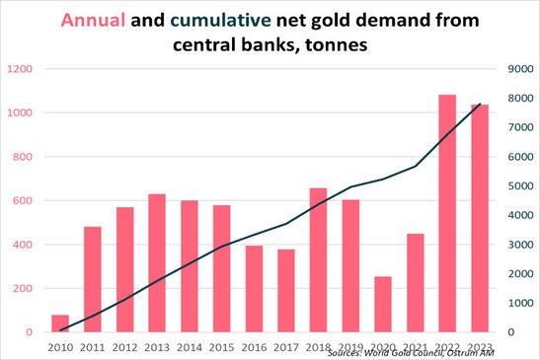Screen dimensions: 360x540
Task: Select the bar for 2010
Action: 60,324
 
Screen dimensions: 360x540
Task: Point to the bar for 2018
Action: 318,259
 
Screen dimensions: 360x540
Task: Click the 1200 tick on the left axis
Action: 20,69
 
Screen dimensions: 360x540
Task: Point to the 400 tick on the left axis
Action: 23,245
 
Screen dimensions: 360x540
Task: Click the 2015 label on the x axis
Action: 221,347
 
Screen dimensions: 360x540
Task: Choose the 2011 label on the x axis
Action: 93,347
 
